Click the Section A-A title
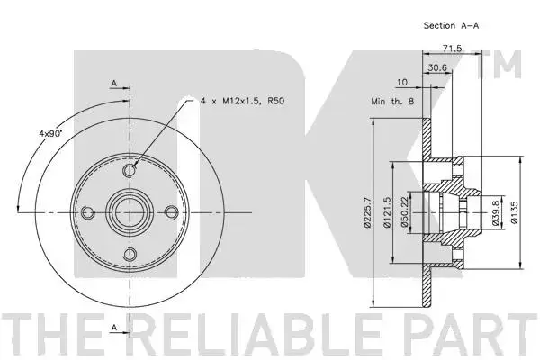click(451, 25)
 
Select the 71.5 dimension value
click(452, 49)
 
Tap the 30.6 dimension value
click(437, 67)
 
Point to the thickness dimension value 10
click(402, 82)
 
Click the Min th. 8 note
click(392, 102)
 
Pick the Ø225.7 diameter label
click(367, 212)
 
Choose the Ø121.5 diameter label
click(387, 212)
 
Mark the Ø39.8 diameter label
click(496, 213)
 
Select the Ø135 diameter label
click(515, 212)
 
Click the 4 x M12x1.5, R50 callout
click(243, 101)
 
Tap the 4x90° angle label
click(49, 133)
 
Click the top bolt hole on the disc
click(130, 170)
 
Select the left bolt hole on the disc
click(87, 212)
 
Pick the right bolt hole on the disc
click(172, 212)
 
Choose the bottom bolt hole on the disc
click(130, 255)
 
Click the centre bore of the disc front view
click(130, 212)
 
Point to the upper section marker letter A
click(114, 83)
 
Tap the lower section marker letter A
click(114, 328)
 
